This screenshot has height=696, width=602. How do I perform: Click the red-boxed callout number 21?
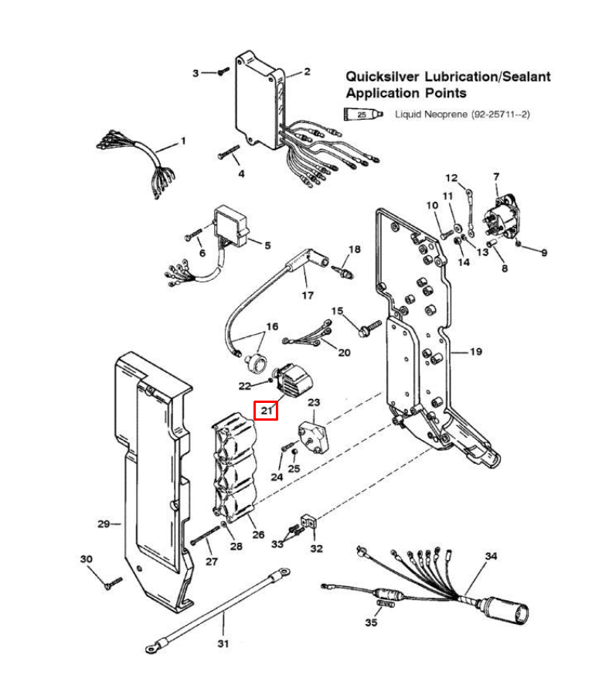[x=267, y=409]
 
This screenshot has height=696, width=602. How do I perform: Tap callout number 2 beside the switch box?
[x=307, y=72]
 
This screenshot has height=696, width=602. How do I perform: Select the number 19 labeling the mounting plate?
[x=475, y=352]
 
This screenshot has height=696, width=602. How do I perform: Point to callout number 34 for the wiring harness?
[x=491, y=556]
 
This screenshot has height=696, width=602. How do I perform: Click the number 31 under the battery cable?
[x=223, y=643]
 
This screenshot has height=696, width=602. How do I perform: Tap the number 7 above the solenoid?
[x=496, y=177]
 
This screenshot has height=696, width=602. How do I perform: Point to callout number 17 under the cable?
[x=308, y=295]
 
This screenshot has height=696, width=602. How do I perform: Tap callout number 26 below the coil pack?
[x=257, y=534]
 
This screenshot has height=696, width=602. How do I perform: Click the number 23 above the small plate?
[x=314, y=403]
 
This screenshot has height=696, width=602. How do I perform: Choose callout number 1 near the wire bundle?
[x=183, y=141]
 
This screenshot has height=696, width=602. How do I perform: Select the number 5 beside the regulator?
[x=267, y=246]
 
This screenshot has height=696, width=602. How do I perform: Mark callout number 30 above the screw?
[x=87, y=558]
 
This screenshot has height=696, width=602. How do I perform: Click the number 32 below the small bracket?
[x=317, y=549]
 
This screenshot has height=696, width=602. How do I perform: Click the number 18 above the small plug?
[x=354, y=249]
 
